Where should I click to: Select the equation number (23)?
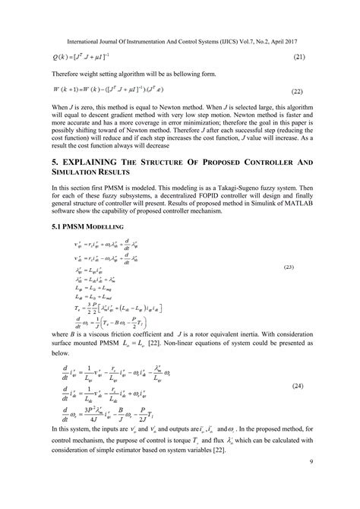289,267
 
